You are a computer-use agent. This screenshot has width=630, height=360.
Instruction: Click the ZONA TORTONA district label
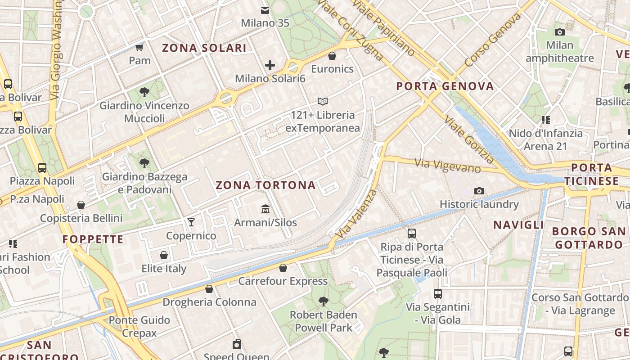click(x=265, y=185)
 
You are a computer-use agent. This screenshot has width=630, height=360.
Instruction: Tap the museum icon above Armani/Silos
click(x=265, y=209)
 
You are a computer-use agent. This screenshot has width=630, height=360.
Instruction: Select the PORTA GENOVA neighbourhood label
click(x=445, y=86)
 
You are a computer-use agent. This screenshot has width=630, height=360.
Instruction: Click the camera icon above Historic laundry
click(x=479, y=191)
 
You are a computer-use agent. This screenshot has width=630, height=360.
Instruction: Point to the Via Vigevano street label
click(x=448, y=165)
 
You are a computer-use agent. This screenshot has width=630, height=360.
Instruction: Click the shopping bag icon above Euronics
click(x=332, y=56)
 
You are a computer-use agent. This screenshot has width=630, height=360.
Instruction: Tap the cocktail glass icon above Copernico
click(x=191, y=222)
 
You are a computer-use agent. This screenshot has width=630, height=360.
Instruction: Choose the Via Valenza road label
click(x=356, y=214)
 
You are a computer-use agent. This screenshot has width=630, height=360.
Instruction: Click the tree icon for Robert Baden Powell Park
click(x=323, y=301)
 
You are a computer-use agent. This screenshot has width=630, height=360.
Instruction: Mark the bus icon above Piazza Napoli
click(x=42, y=168)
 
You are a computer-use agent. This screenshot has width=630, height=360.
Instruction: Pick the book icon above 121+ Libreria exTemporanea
click(x=323, y=102)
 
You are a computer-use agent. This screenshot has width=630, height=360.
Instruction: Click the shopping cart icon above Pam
click(x=139, y=47)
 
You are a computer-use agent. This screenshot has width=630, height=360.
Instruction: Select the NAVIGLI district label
click(x=518, y=225)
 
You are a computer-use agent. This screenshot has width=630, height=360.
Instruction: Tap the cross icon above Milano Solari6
click(x=270, y=65)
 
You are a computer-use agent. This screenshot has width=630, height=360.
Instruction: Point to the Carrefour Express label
click(x=283, y=281)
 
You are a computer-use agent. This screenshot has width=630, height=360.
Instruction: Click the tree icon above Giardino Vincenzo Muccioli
click(x=144, y=93)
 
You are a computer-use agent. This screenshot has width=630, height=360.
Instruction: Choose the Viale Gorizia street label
click(x=469, y=139)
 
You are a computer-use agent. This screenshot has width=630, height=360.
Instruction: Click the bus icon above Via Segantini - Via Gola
click(x=438, y=294)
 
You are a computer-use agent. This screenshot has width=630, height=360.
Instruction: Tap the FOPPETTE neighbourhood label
click(x=93, y=239)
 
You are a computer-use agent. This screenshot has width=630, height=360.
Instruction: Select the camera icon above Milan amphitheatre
click(x=560, y=32)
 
